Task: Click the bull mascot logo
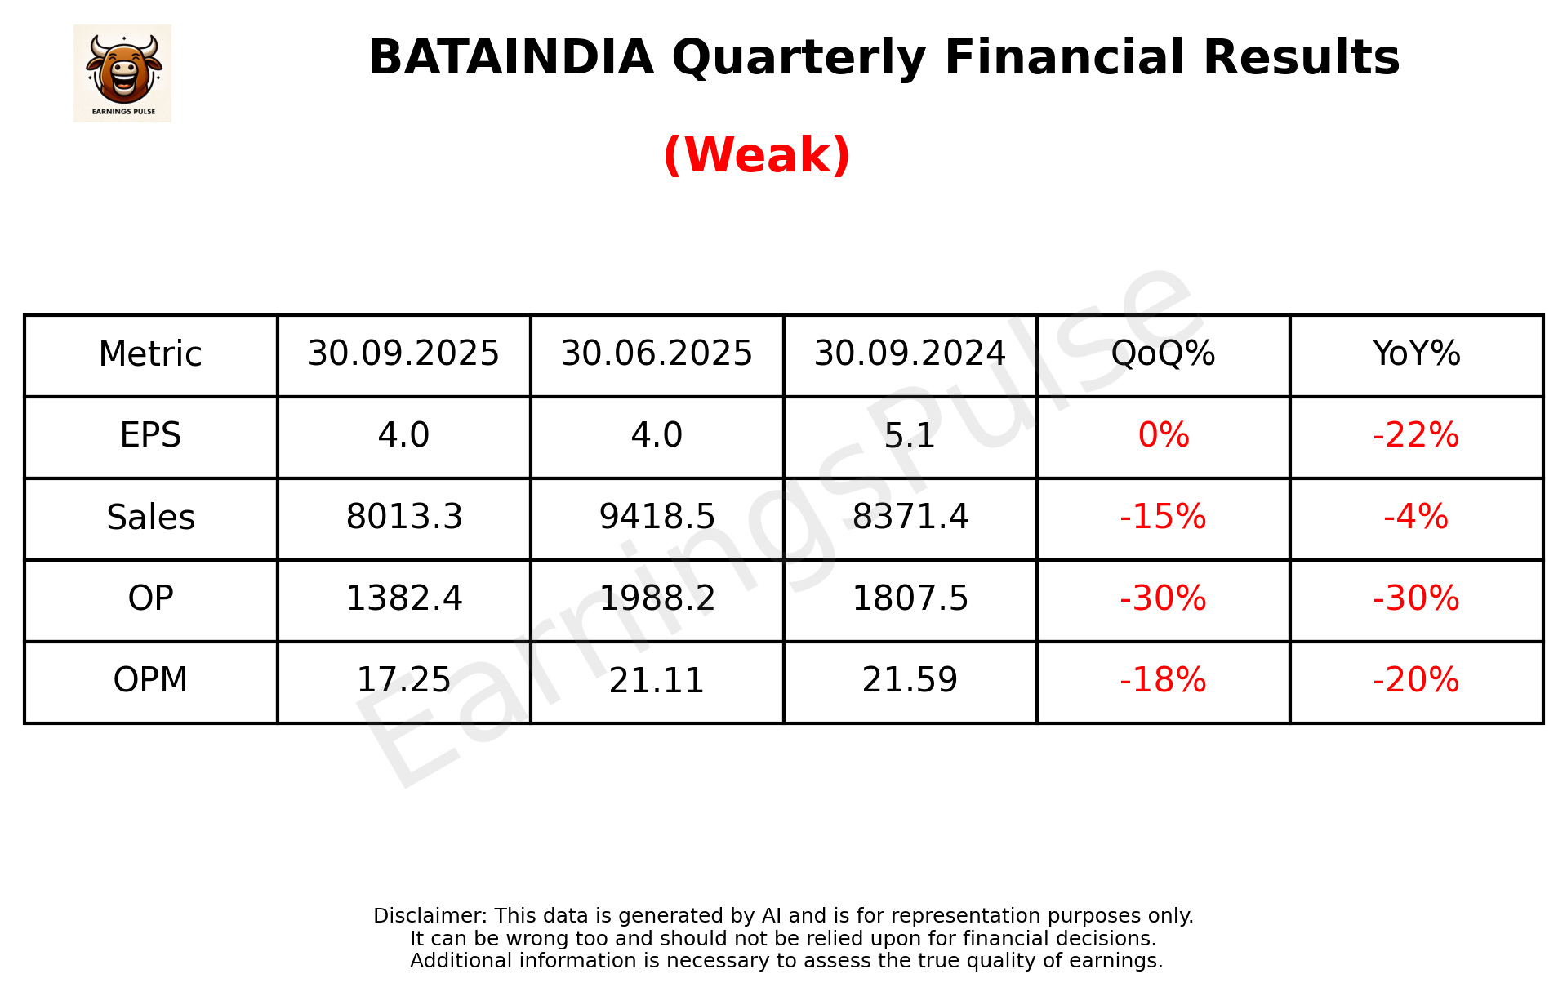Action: [122, 73]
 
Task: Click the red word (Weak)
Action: [756, 154]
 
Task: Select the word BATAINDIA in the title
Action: [511, 57]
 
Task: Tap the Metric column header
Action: [150, 354]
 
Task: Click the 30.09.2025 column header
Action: [403, 354]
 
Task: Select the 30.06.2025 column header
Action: [657, 354]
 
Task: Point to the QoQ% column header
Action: [1163, 354]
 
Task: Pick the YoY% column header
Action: [1416, 354]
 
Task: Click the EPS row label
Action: [150, 435]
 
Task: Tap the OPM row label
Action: [150, 680]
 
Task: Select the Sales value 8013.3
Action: [404, 517]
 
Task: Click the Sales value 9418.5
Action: [657, 517]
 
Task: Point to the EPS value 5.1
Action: [910, 436]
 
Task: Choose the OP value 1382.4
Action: [404, 598]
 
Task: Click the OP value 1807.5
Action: [910, 598]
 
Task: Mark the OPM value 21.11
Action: [657, 680]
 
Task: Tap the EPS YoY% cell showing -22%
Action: [1416, 435]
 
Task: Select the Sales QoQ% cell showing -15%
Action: [1163, 517]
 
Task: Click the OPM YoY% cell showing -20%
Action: [1416, 680]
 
